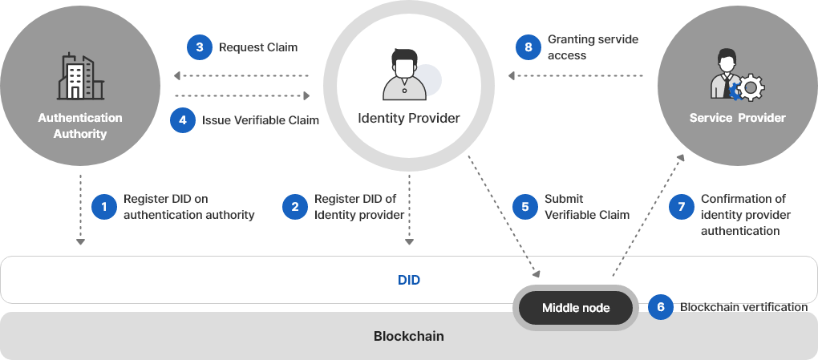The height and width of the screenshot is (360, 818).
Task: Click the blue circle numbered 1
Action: click(103, 207)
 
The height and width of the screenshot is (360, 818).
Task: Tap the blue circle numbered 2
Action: click(295, 207)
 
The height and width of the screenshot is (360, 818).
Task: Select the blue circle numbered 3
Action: click(199, 47)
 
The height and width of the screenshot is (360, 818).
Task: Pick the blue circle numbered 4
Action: click(183, 120)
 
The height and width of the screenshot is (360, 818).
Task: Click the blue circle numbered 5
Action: click(525, 207)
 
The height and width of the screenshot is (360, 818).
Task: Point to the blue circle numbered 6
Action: click(660, 307)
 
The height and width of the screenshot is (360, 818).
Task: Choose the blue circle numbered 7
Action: click(681, 207)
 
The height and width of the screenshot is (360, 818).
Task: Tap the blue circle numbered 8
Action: click(528, 47)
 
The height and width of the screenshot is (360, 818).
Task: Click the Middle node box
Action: click(576, 308)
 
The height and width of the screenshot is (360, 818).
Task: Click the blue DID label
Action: click(409, 280)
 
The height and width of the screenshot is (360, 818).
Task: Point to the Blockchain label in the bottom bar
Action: click(409, 336)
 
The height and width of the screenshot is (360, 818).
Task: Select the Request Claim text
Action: click(258, 47)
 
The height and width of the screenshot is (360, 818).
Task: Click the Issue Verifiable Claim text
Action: click(260, 120)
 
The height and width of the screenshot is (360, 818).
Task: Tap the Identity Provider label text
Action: click(408, 119)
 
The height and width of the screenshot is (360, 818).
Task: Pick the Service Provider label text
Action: click(738, 118)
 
